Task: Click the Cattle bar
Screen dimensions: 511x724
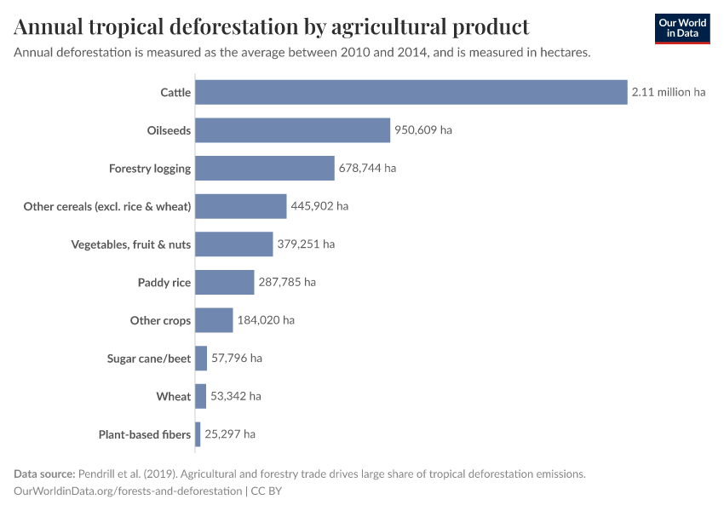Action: (411, 92)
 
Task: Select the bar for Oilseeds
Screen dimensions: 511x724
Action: (292, 130)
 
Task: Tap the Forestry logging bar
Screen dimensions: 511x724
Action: (264, 168)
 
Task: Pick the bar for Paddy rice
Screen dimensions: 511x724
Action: (224, 282)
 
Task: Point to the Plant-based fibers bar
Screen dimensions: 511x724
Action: (198, 434)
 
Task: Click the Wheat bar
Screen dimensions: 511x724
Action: (200, 396)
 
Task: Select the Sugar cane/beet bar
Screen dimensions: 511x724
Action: (201, 358)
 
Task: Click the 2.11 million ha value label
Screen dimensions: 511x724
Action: (668, 92)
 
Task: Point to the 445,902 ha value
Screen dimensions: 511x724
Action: (319, 206)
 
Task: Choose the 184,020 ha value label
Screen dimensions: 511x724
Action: (266, 320)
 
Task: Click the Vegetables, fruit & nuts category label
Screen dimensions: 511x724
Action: (130, 244)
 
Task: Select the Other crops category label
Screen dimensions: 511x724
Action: (160, 320)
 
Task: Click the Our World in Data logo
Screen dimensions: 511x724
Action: (682, 29)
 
